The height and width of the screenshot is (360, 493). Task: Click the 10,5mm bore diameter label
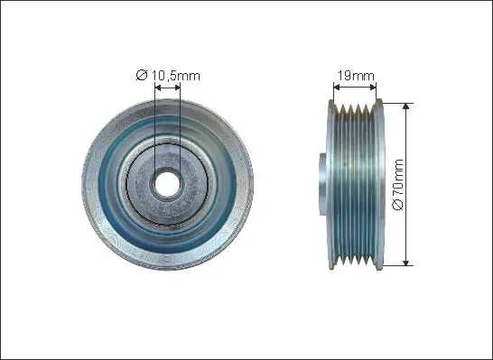tap(168, 76)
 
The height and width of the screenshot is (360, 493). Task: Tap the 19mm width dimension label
tap(356, 76)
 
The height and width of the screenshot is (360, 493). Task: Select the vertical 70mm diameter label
tap(398, 184)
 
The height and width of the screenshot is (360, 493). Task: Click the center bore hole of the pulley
tap(167, 184)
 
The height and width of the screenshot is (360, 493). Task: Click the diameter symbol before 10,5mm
tap(142, 76)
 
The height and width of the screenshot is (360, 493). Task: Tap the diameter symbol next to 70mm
tap(398, 205)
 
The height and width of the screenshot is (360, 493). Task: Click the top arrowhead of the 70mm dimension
tap(406, 106)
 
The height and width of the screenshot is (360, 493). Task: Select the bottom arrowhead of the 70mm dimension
tap(406, 263)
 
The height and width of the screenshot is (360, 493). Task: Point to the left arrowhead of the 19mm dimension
tap(337, 87)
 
